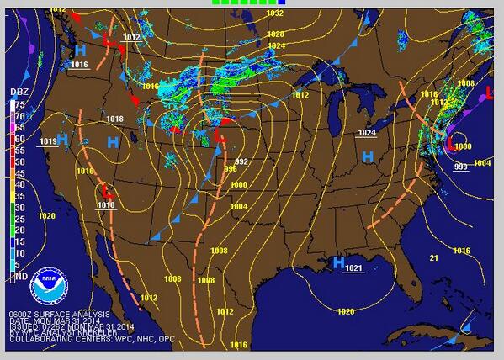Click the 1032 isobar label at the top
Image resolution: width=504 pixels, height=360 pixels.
pos(275,14)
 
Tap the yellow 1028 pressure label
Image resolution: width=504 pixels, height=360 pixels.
pos(275,34)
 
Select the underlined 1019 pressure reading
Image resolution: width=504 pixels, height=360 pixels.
pos(49,141)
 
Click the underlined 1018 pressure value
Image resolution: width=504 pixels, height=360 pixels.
pos(115,119)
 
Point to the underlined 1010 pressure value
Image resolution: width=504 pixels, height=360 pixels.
pos(106,205)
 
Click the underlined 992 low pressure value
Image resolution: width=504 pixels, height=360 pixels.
pos(241,161)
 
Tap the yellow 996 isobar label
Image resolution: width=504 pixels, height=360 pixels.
pos(231,169)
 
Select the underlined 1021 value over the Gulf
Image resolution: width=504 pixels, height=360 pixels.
pos(353,268)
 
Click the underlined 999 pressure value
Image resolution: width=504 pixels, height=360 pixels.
pos(460,167)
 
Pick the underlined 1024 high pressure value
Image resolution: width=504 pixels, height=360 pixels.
pos(367,133)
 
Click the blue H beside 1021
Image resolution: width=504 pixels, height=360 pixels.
pos(338,263)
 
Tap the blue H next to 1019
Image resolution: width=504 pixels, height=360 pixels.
pos(62,137)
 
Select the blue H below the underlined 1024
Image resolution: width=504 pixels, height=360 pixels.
pos(367,156)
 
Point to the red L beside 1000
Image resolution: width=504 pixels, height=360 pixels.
pos(449,143)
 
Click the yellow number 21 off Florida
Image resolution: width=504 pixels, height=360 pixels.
pos(433,257)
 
